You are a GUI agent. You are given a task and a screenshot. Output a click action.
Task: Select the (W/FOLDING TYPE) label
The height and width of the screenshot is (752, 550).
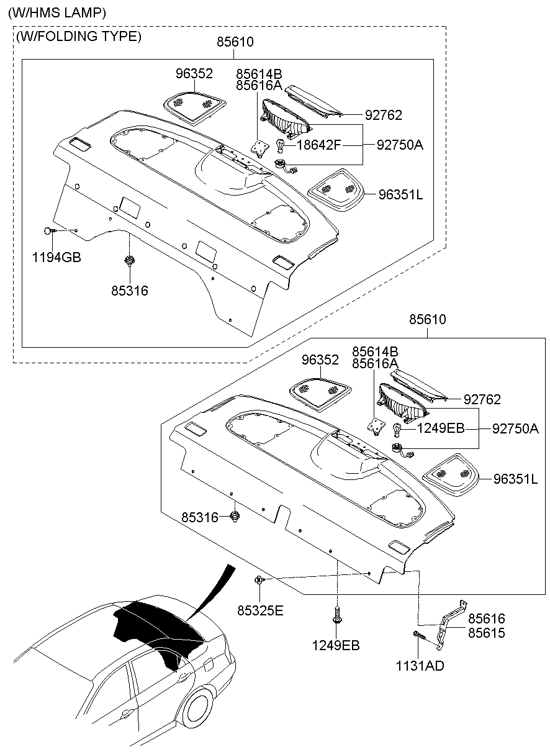tap(79, 37)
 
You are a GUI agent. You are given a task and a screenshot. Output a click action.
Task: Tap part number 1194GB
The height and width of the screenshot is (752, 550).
tap(56, 257)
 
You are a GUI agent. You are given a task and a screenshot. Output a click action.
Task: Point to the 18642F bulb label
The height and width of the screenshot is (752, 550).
tap(318, 145)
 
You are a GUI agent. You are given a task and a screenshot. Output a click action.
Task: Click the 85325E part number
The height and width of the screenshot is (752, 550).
tap(259, 611)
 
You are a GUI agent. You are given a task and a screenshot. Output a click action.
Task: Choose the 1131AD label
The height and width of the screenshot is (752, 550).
tap(420, 666)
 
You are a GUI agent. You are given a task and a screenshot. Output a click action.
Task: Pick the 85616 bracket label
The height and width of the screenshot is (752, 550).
tap(487, 618)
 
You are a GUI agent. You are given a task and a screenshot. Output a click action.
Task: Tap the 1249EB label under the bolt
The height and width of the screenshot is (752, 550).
tap(336, 646)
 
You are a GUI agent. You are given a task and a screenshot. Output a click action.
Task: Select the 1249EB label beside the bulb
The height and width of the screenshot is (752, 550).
tap(440, 428)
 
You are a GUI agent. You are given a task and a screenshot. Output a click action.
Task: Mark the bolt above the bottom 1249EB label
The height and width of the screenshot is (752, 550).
tap(336, 616)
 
